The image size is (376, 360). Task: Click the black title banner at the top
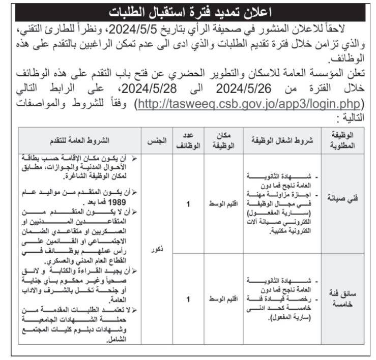point(188,11)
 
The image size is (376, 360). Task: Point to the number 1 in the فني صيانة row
point(188,204)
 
